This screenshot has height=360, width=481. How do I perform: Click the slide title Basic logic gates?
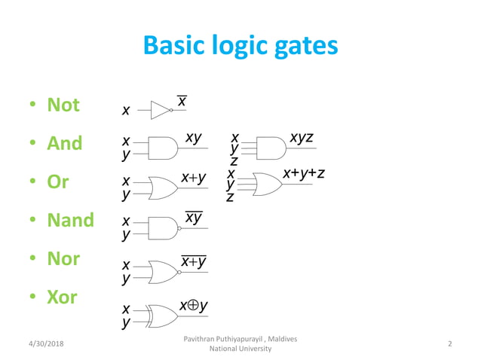(x=240, y=47)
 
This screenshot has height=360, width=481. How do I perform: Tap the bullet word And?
(x=64, y=143)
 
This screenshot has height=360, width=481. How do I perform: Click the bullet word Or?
(x=57, y=182)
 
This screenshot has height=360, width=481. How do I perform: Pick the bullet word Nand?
(x=70, y=221)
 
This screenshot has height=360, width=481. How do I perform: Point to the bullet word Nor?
(x=63, y=259)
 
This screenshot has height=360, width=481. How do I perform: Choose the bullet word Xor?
(x=62, y=297)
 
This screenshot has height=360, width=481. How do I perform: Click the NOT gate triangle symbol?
(x=161, y=111)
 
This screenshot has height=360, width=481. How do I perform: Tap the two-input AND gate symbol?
(x=162, y=148)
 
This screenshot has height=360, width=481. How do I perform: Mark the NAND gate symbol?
(x=163, y=227)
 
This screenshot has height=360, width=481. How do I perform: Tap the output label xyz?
(x=302, y=138)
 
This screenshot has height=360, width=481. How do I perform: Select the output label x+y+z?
(x=304, y=174)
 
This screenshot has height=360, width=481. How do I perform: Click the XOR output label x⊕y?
(x=194, y=306)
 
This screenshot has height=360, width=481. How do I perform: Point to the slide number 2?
(x=449, y=344)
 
